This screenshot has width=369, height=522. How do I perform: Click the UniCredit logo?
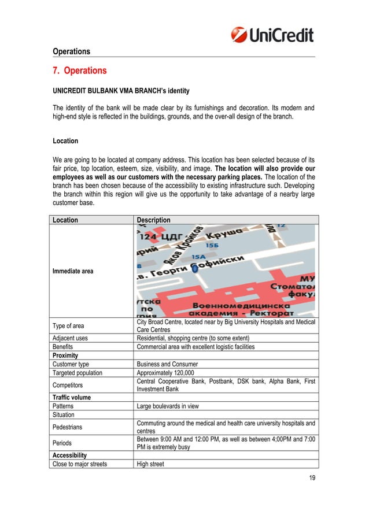272,35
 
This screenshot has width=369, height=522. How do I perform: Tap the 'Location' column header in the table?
65,220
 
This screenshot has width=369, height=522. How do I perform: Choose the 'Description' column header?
153,220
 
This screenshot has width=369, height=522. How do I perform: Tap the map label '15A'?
198,256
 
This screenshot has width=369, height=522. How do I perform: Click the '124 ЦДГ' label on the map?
159,236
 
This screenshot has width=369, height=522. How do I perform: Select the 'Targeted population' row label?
79,373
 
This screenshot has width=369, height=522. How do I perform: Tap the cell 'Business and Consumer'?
167,364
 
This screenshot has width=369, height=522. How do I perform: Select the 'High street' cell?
151,464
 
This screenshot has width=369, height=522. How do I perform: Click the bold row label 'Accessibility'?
70,455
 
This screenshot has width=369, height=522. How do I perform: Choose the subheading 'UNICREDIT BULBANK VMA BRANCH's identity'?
121,91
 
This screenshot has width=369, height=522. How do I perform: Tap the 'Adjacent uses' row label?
72,338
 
